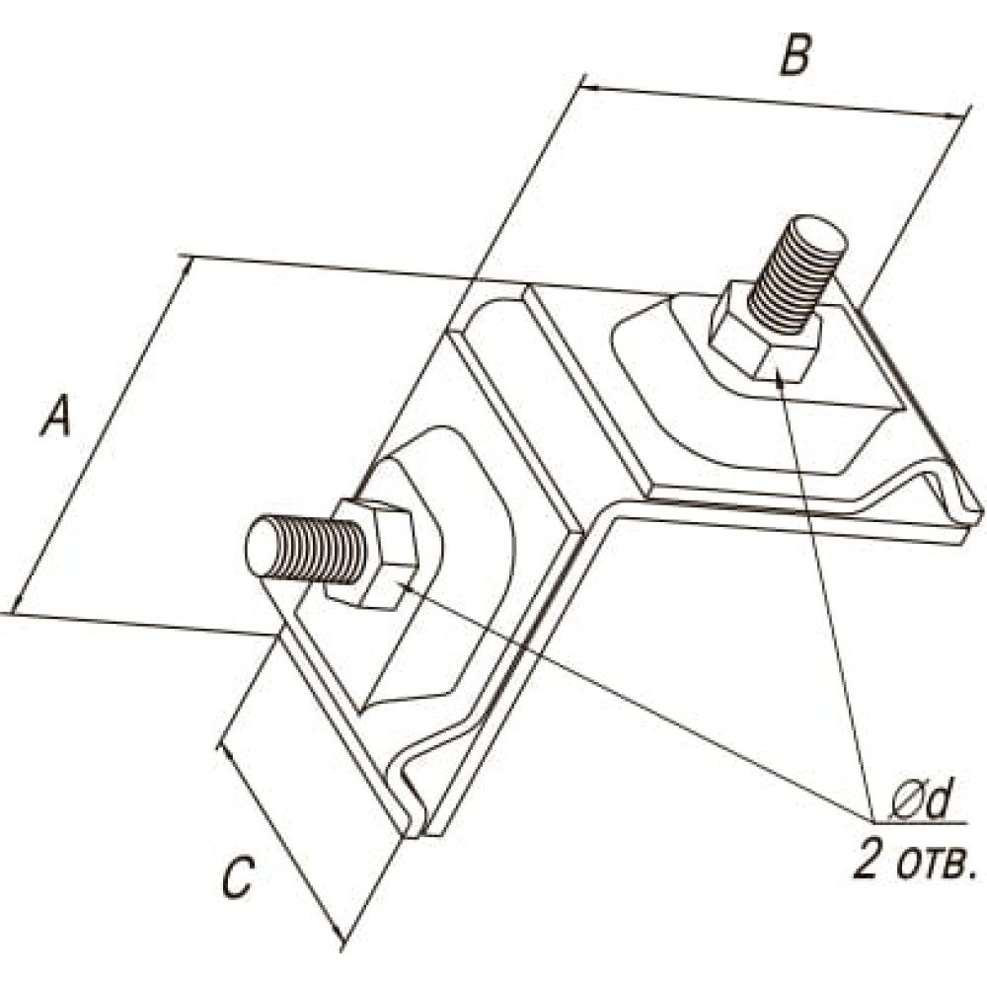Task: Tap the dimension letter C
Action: pos(237,876)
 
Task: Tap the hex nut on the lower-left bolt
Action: pos(373,553)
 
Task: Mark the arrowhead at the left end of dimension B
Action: pos(588,86)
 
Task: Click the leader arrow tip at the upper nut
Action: pos(781,376)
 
